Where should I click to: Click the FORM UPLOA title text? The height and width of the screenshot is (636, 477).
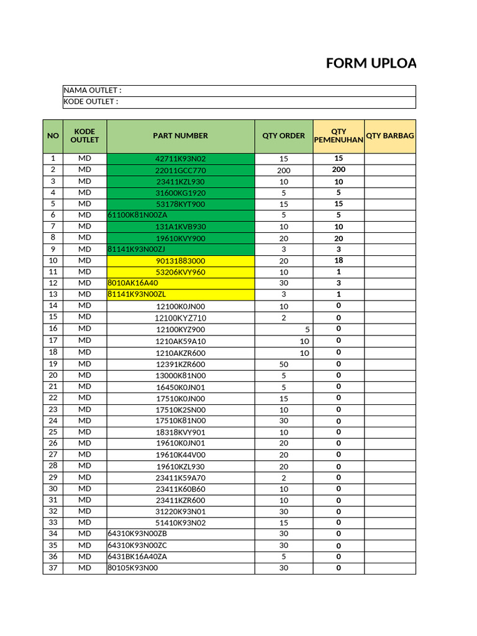point(371,64)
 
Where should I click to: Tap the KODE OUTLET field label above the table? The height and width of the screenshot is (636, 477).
point(91,102)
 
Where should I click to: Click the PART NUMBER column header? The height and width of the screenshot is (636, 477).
point(181,135)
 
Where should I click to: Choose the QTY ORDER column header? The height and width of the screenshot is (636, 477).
point(284,135)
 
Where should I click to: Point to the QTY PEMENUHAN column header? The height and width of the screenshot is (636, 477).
point(338,136)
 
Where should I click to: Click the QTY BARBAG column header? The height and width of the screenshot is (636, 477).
point(390,135)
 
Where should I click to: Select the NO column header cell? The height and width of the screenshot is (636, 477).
point(53,135)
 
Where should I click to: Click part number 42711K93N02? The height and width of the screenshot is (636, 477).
point(181,159)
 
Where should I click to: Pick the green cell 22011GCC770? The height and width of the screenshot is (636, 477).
point(181,170)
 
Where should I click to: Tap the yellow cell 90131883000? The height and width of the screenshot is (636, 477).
point(181,261)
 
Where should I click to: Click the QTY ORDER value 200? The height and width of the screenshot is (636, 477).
point(284,170)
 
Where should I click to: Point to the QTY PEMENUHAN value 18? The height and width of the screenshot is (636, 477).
point(338,261)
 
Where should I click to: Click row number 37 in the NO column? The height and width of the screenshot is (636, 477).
point(53,568)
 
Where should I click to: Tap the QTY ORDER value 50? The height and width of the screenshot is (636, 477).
point(284,364)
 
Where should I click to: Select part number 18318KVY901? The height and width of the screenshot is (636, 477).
point(181,432)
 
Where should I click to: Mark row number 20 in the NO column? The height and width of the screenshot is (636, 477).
point(53,375)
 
